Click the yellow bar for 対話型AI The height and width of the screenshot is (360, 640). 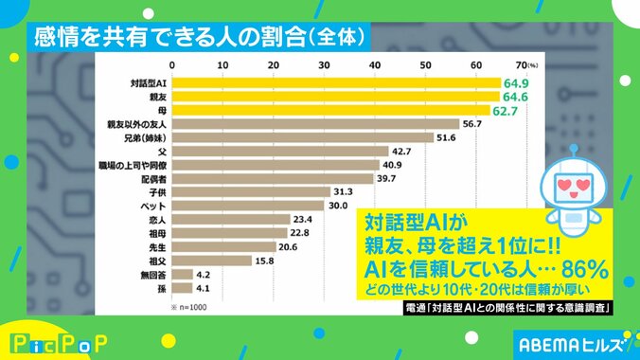tap(335, 83)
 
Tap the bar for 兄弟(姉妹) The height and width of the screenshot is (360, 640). tap(301, 137)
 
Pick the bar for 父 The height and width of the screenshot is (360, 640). tap(279, 151)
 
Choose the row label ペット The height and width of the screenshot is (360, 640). tap(154, 206)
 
